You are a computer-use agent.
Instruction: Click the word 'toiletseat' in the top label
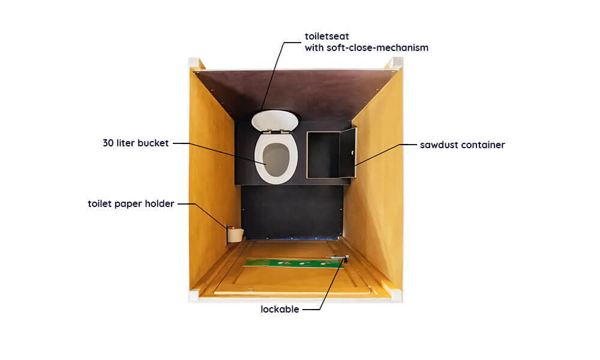pyautogui.click(x=327, y=37)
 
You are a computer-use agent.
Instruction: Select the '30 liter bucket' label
pyautogui.click(x=136, y=143)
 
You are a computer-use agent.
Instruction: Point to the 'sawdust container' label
pyautogui.click(x=462, y=145)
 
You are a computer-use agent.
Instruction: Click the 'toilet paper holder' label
pyautogui.click(x=131, y=203)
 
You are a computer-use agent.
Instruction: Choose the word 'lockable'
pyautogui.click(x=280, y=309)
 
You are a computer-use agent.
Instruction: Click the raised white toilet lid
pyautogui.click(x=275, y=121)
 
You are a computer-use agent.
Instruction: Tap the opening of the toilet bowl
pyautogui.click(x=276, y=160)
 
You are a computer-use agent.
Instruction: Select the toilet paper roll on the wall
pyautogui.click(x=235, y=235)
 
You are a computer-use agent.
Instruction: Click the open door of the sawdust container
pyautogui.click(x=348, y=152)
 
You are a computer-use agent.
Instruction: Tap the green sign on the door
pyautogui.click(x=294, y=263)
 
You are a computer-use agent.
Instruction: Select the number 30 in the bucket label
pyautogui.click(x=108, y=143)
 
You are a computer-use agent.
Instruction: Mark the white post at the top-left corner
pyautogui.click(x=194, y=62)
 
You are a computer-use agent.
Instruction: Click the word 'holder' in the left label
pyautogui.click(x=160, y=203)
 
